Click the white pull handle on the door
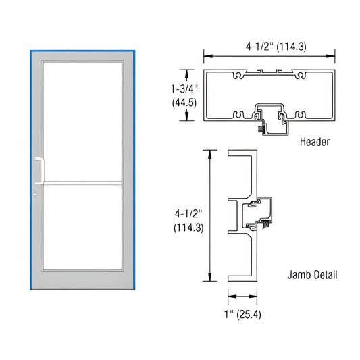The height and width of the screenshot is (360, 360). pyautogui.click(x=41, y=170)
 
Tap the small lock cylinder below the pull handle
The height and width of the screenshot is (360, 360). pyautogui.click(x=36, y=196)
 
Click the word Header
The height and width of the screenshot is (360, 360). pyautogui.click(x=315, y=143)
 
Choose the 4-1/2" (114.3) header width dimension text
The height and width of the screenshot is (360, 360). pyautogui.click(x=268, y=47)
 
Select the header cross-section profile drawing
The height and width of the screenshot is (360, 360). pyautogui.click(x=268, y=95)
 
